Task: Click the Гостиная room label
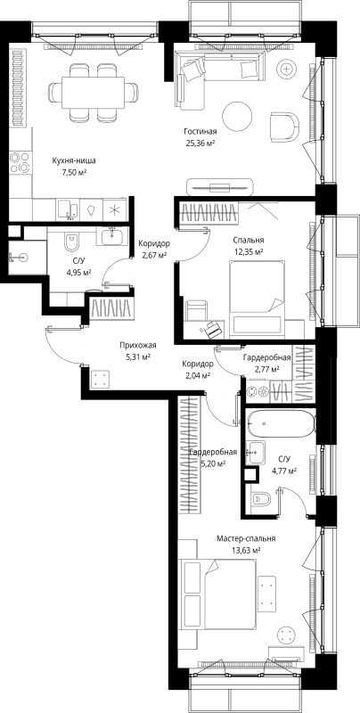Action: [200, 132]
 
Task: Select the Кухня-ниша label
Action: [74, 161]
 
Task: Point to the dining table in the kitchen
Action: [94, 93]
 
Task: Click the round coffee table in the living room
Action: [237, 116]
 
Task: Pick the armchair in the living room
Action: [285, 126]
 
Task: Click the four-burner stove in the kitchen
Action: [20, 162]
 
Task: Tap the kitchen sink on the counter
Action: [67, 209]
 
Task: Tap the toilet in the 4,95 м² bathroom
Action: [72, 242]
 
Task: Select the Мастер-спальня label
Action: [246, 539]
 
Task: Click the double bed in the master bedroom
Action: [219, 595]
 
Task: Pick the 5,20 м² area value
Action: [213, 463]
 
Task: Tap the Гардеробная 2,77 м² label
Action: [266, 363]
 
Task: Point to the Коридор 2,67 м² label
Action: [154, 249]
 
